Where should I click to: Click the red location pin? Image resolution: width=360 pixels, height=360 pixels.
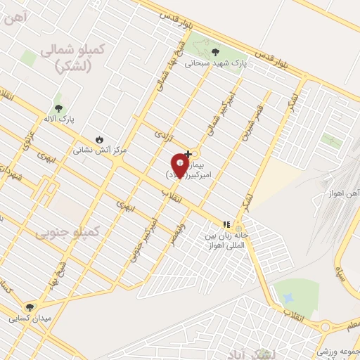179,167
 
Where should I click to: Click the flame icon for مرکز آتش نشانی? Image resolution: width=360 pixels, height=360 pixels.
99,139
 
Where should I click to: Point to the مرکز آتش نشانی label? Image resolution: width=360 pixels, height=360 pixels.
99,150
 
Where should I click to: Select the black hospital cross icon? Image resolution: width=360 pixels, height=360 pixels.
188,153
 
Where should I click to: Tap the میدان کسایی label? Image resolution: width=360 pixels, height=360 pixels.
30,319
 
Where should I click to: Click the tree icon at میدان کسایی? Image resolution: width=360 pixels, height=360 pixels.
30,307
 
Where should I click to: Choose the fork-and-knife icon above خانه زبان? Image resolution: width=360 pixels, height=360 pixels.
226,224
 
